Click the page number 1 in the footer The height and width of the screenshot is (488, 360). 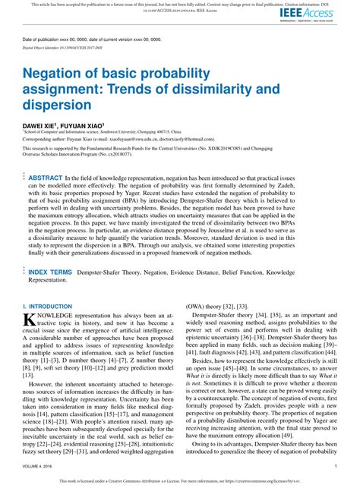(x=335, y=466)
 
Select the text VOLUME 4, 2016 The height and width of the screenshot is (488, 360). (x=40, y=466)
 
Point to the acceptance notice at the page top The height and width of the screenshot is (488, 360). (x=180, y=5)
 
